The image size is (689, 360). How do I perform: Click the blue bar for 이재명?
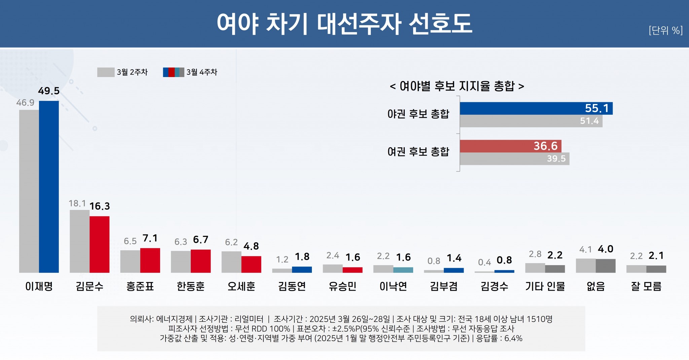(49, 187)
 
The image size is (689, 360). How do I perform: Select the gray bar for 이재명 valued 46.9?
(29, 191)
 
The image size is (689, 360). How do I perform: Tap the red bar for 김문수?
(100, 244)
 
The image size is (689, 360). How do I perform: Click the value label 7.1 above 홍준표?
(150, 238)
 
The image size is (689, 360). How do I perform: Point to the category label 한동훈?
(190, 286)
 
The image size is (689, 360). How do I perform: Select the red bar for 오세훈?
(251, 264)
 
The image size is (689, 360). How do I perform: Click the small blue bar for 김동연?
(302, 269)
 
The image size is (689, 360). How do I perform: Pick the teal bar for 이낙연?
(403, 270)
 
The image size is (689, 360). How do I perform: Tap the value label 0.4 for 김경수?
(484, 262)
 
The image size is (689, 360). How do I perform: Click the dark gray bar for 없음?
(606, 266)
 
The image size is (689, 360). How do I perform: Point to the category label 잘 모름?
(646, 286)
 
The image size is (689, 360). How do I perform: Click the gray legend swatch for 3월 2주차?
(106, 72)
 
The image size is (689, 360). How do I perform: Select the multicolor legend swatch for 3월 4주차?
(173, 72)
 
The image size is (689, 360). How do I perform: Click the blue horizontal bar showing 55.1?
(536, 108)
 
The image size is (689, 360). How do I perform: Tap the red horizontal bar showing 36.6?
(510, 146)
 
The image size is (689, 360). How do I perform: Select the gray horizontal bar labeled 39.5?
(514, 159)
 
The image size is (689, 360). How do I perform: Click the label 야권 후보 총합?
(418, 114)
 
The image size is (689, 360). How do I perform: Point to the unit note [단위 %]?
(665, 30)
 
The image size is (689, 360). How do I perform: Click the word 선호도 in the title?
(440, 24)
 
